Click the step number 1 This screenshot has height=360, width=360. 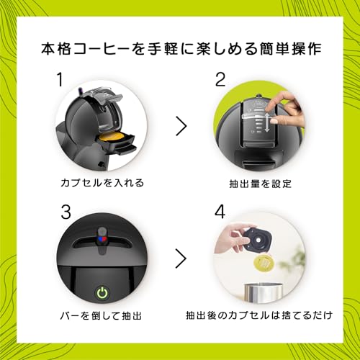(x=60, y=80)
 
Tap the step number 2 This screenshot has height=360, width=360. (x=220, y=80)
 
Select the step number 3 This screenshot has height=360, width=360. (x=66, y=212)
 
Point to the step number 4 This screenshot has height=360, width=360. (x=220, y=212)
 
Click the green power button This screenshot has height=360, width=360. (x=103, y=293)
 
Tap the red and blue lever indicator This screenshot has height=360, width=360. (x=102, y=238)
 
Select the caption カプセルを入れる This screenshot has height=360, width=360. (x=102, y=183)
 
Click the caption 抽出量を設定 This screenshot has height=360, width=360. (x=261, y=184)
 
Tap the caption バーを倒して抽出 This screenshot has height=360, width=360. (x=101, y=315)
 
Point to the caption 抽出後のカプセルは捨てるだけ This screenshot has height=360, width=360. (x=259, y=315)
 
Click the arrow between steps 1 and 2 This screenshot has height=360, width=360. (x=181, y=126)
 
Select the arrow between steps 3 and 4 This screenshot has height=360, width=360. (x=181, y=258)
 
